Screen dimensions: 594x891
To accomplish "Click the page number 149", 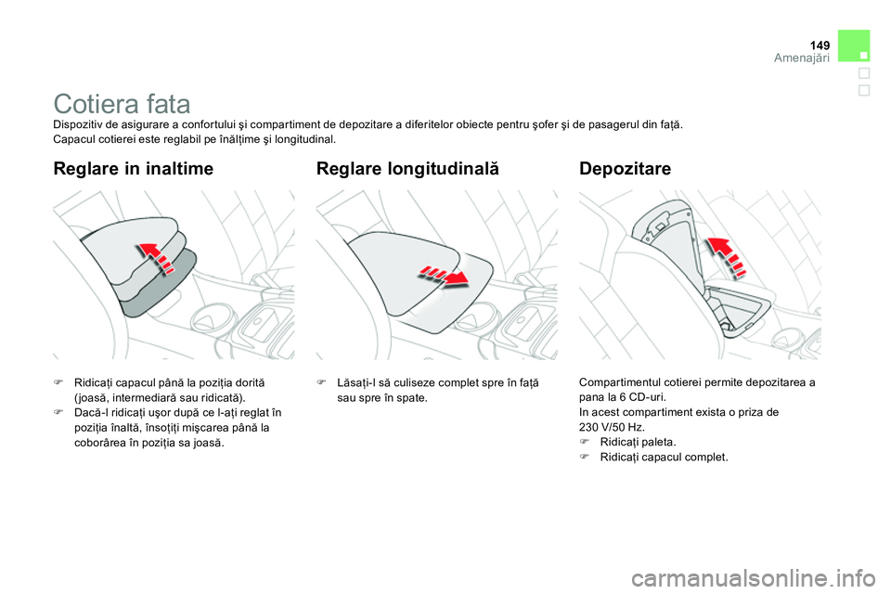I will [x=819, y=44].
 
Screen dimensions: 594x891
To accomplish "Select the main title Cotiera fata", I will [x=123, y=103].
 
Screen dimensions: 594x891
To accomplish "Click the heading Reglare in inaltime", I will [x=134, y=169].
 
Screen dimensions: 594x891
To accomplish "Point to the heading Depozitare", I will [x=626, y=169].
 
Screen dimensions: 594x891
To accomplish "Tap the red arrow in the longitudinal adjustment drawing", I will [x=444, y=276].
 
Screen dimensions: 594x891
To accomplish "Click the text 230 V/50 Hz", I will [x=609, y=427].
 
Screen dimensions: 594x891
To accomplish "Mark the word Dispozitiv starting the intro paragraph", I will [x=81, y=124].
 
